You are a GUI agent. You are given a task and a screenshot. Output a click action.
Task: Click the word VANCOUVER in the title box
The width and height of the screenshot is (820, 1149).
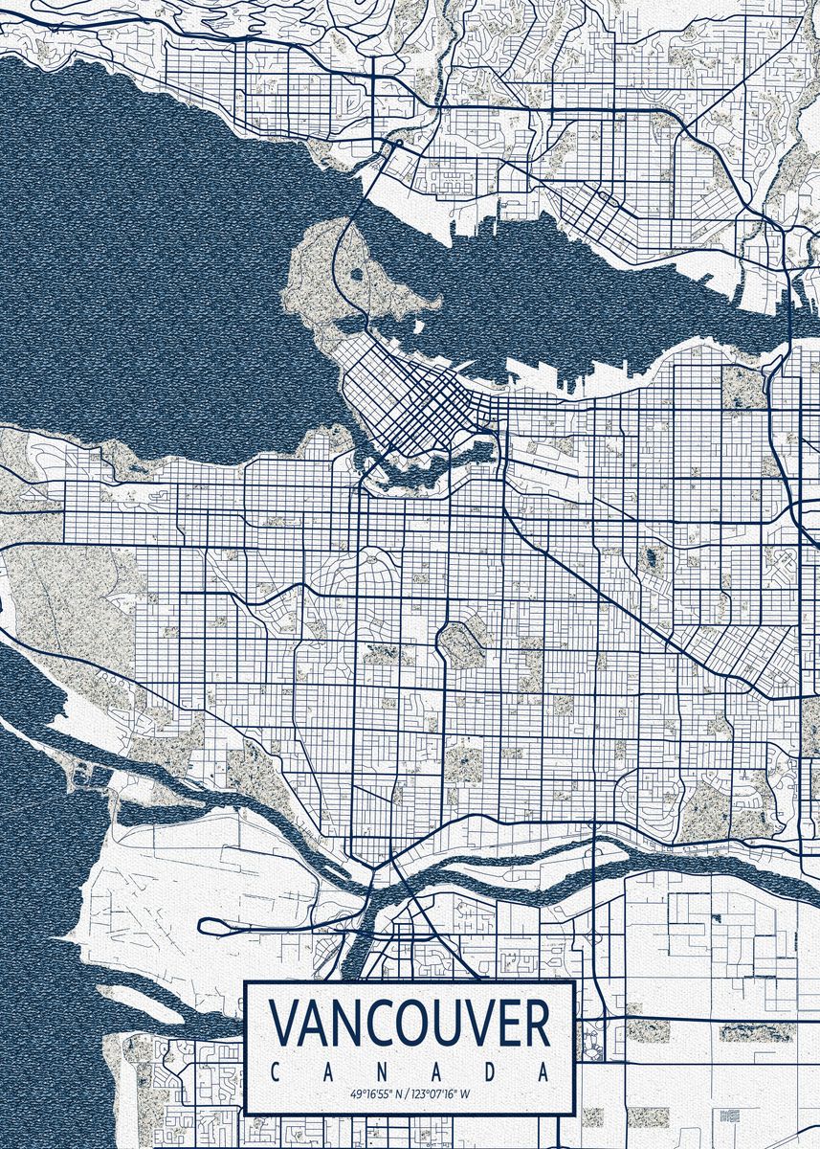[x=410, y=1024]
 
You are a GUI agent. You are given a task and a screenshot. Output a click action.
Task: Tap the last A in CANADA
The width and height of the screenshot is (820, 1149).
[x=544, y=1072]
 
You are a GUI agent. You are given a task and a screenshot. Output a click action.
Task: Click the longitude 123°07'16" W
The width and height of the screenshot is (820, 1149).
[x=443, y=1093]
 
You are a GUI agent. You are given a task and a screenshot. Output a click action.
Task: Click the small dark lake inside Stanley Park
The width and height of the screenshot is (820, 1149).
[x=357, y=275]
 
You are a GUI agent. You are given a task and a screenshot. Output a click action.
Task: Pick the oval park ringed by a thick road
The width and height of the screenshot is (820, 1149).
[x=461, y=643]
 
